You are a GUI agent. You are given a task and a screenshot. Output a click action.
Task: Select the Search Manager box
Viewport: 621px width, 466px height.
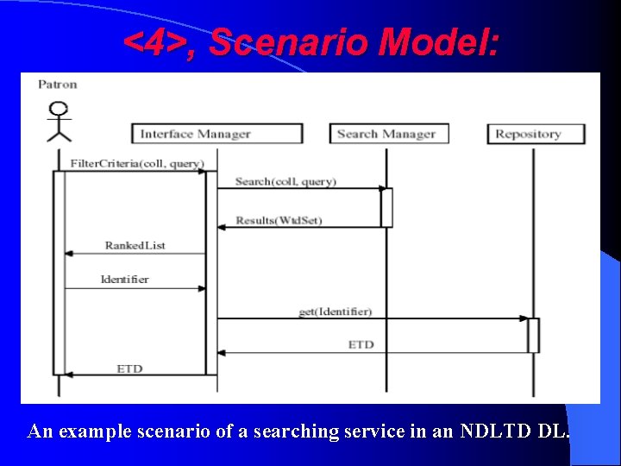coord(386,134)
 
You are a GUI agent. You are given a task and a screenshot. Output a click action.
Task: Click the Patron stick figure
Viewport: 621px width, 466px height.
coord(59,122)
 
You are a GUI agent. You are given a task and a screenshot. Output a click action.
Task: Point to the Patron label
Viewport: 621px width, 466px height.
coord(58,84)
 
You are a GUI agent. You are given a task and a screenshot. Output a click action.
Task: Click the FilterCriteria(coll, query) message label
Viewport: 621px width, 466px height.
coord(136,164)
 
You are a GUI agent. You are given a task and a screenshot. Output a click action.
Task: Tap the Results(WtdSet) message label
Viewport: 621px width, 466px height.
coord(278,220)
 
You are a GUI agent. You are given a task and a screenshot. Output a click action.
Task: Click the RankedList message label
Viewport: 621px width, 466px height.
coord(135,245)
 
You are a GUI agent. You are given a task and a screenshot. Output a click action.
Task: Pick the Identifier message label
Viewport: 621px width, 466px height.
coord(125,279)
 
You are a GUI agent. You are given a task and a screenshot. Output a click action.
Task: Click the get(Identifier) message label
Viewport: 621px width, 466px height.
coord(335,311)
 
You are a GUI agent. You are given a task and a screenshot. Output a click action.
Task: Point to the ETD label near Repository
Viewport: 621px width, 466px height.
coord(361,344)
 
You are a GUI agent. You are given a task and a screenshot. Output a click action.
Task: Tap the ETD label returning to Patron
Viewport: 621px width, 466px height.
coord(129,368)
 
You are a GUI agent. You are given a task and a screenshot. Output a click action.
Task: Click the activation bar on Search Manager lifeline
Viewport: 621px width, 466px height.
coord(386,207)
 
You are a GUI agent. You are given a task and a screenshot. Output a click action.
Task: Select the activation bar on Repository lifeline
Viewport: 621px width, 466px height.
coord(533,335)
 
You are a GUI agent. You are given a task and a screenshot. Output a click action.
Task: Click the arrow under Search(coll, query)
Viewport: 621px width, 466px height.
coord(298,188)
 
